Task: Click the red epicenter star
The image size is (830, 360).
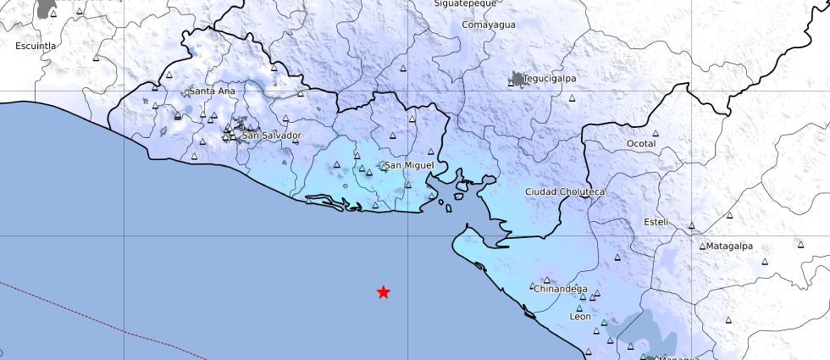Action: click(384, 292)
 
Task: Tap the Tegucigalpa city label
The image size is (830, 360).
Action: click(550, 79)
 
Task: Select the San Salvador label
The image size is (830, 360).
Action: click(271, 136)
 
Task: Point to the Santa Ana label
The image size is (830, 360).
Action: click(213, 91)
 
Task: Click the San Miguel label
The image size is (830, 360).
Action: click(409, 165)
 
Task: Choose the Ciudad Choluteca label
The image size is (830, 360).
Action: click(564, 192)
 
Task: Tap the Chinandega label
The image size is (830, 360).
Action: click(560, 289)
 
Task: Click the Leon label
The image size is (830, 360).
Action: click(580, 317)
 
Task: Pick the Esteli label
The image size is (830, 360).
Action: click(656, 222)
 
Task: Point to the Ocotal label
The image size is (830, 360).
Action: click(641, 144)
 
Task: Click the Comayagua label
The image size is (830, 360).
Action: click(489, 25)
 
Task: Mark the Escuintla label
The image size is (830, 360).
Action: click(36, 46)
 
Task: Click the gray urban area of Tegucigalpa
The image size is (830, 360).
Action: click(517, 80)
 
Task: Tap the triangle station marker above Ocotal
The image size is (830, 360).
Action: click(656, 133)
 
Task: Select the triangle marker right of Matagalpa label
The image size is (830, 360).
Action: click(800, 244)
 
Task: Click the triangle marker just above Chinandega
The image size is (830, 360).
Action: click(546, 279)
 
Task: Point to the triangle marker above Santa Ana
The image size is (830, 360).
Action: click(169, 75)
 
